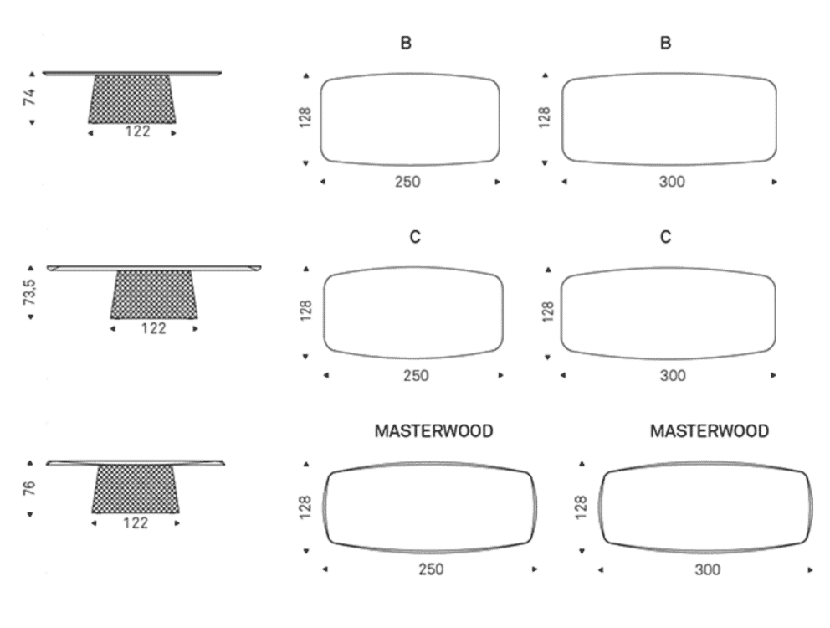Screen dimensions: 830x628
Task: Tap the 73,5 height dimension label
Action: click(x=29, y=292)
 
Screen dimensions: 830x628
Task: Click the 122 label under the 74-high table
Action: click(x=137, y=131)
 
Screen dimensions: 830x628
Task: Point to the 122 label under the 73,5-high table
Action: click(x=153, y=328)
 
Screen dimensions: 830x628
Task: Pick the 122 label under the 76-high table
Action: click(x=136, y=523)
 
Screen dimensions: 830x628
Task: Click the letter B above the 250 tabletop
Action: click(x=406, y=43)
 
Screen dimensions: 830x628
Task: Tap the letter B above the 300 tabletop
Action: click(x=666, y=43)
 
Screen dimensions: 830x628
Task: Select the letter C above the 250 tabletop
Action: click(x=415, y=237)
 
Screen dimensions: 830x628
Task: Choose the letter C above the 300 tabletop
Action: click(x=666, y=237)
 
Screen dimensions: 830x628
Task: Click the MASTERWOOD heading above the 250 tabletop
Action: click(x=434, y=431)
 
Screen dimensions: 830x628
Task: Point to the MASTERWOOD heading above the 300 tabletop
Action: click(x=710, y=431)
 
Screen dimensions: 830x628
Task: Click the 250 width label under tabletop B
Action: click(x=407, y=182)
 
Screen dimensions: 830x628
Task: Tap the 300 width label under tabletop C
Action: click(x=673, y=376)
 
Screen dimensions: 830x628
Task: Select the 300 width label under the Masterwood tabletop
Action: click(x=708, y=569)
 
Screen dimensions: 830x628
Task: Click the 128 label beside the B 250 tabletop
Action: click(x=305, y=118)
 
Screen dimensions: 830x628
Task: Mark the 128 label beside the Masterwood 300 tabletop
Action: click(x=582, y=507)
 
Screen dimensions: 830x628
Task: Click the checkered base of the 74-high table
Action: click(x=132, y=99)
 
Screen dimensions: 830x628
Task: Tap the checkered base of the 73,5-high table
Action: click(x=154, y=295)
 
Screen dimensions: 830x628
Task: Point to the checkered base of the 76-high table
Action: click(x=136, y=489)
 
